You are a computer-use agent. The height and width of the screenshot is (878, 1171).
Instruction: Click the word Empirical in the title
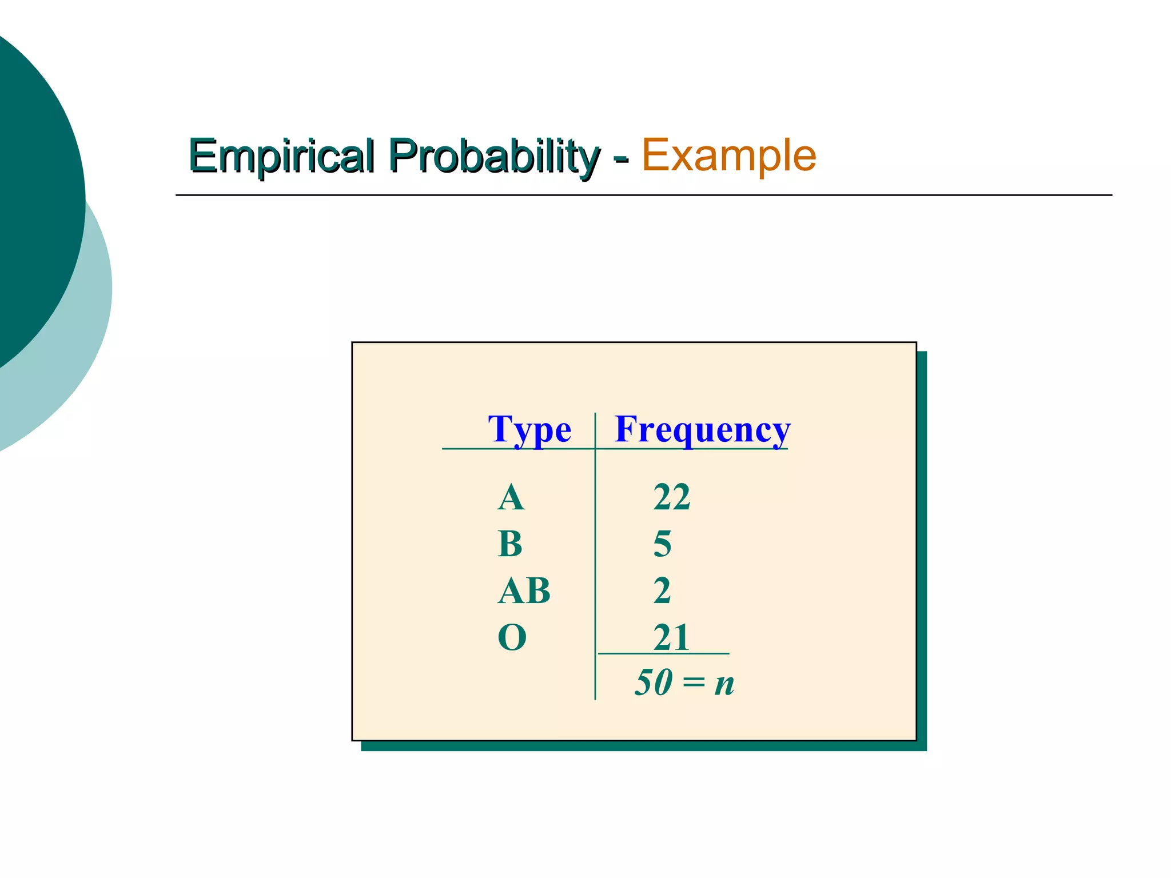pos(282,155)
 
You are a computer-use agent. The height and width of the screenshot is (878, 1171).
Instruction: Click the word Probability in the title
pos(494,155)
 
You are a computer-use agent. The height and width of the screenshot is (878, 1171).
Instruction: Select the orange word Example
pos(729,155)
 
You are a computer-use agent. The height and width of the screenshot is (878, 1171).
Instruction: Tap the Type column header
pos(529,429)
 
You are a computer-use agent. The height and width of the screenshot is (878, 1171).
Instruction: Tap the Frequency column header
pos(702,429)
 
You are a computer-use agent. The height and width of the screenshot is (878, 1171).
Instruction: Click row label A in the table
pos(511,497)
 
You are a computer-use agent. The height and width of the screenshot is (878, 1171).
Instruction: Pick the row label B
pos(510,544)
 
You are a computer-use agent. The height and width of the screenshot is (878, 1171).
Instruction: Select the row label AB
pos(524,590)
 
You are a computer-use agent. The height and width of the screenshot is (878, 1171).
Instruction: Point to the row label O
pos(512,637)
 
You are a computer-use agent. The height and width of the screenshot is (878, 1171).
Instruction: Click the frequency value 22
pos(672,497)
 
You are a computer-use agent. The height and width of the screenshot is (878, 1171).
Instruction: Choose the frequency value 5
pos(662,544)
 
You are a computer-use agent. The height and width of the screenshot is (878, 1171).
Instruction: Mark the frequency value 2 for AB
pos(662,590)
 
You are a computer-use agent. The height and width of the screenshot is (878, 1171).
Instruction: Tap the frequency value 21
pos(671,637)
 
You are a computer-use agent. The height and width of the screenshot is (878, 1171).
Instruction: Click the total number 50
pos(653,683)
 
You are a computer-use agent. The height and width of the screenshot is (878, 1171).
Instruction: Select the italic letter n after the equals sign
pos(724,684)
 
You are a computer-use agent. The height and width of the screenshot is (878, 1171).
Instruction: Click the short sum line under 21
pos(663,653)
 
